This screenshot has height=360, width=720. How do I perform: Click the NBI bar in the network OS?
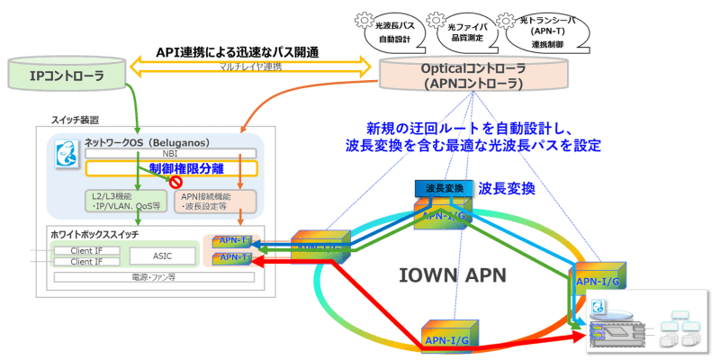tap(171, 154)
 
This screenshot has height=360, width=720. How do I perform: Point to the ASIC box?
tap(162, 256)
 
